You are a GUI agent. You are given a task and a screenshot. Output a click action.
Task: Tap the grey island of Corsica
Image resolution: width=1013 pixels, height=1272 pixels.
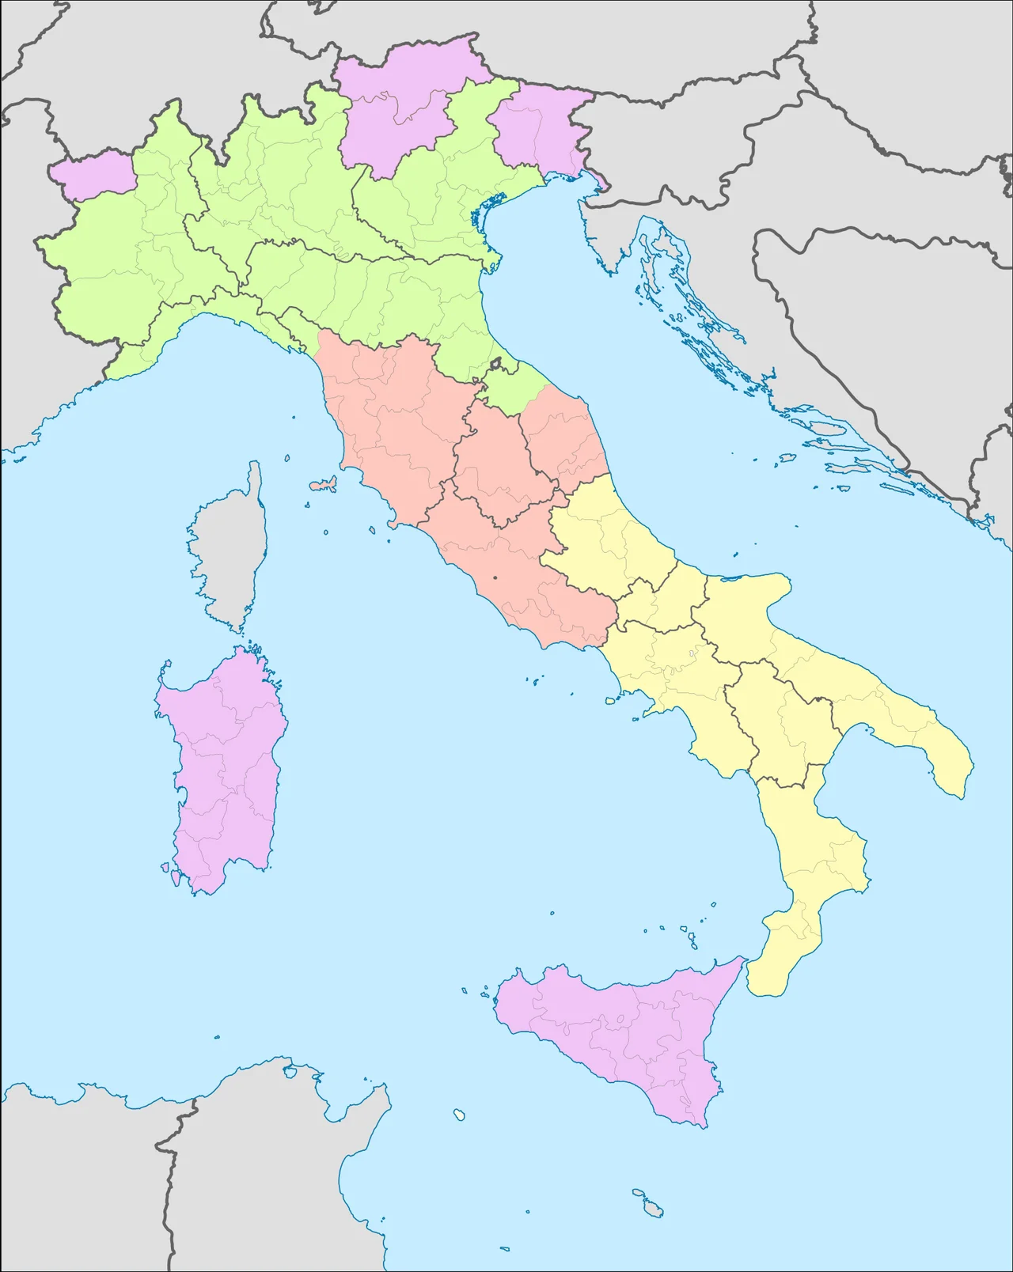[230, 554]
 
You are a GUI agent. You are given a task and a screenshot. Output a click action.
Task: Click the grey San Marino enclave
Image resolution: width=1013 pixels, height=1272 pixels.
[497, 365]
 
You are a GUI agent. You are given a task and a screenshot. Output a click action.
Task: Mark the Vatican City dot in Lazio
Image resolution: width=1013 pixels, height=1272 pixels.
[495, 578]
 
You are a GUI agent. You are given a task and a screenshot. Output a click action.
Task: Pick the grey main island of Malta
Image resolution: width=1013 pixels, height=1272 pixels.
[653, 1208]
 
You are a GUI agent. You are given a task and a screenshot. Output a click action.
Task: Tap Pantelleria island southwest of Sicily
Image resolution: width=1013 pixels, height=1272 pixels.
[458, 1115]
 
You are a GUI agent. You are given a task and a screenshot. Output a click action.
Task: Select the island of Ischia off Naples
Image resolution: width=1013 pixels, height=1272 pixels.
[610, 699]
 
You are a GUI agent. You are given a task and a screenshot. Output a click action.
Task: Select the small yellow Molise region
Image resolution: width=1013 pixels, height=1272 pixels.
[653, 601]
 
